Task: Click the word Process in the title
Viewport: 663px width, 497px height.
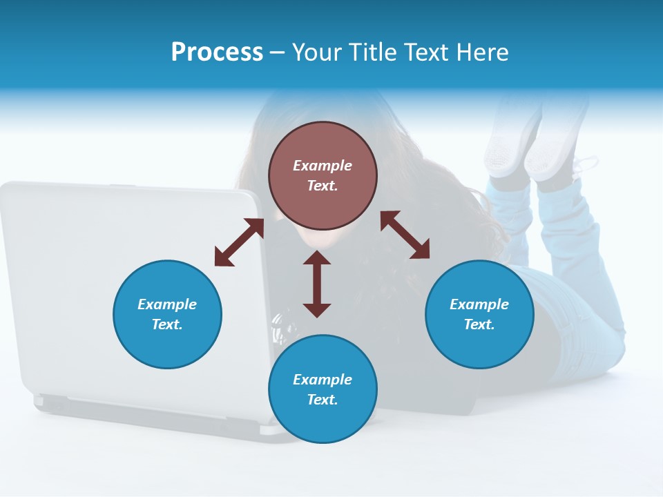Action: click(x=217, y=52)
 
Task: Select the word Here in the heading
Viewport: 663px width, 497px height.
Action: click(x=484, y=52)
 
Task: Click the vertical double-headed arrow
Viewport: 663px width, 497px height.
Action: click(x=317, y=284)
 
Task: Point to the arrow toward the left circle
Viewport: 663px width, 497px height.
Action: click(x=239, y=242)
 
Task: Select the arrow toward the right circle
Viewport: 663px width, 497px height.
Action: click(x=405, y=235)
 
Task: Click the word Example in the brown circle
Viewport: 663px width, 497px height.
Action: click(x=323, y=166)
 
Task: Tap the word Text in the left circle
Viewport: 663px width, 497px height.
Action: click(x=166, y=324)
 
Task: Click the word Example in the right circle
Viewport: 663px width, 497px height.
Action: click(x=479, y=304)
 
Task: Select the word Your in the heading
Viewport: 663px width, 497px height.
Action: click(x=315, y=52)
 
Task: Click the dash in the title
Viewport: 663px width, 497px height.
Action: click(x=278, y=53)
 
